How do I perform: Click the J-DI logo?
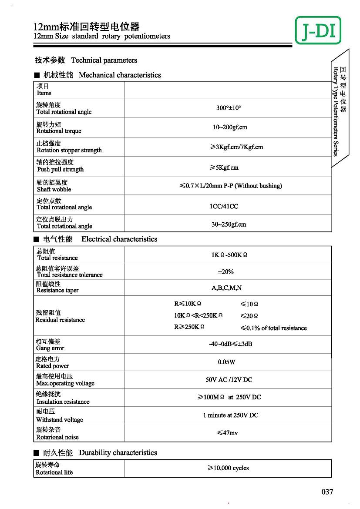pyautogui.click(x=318, y=30)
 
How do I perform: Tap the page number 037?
pyautogui.click(x=327, y=492)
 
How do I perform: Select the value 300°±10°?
pyautogui.click(x=229, y=108)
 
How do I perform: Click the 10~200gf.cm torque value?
pyautogui.click(x=230, y=127)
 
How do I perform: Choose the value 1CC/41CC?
pyautogui.click(x=224, y=206)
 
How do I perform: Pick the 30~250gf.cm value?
pyautogui.click(x=229, y=224)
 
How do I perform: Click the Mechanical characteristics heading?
pyautogui.click(x=119, y=75)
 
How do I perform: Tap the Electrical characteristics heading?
pyautogui.click(x=119, y=239)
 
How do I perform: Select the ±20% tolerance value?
pyautogui.click(x=225, y=272)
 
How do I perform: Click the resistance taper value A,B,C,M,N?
pyautogui.click(x=226, y=288)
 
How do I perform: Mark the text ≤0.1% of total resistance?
pyautogui.click(x=273, y=328)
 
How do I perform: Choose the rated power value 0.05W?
pyautogui.click(x=226, y=362)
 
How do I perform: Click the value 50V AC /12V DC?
pyautogui.click(x=229, y=380)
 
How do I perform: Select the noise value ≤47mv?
pyautogui.click(x=227, y=433)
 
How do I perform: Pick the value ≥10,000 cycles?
pyautogui.click(x=228, y=468)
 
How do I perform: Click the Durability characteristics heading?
pyautogui.click(x=118, y=453)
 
